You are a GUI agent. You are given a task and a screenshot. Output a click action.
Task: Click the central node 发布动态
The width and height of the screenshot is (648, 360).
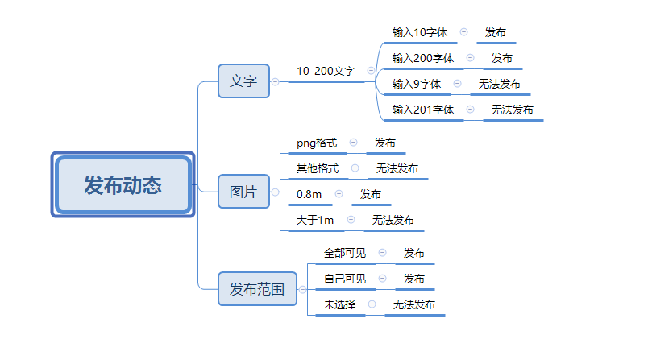coord(123,185)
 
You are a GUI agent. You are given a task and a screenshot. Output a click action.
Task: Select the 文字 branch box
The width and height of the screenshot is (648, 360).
coord(243,81)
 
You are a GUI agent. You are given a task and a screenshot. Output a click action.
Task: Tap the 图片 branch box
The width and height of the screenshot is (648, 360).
coord(243,192)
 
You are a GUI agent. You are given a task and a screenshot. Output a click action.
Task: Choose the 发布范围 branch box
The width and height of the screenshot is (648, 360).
coord(257,288)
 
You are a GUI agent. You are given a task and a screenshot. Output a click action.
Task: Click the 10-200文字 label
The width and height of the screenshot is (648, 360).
coord(326,71)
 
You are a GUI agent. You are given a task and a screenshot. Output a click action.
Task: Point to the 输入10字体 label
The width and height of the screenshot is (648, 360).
coord(419,32)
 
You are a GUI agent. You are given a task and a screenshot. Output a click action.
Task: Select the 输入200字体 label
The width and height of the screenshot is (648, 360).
coord(422,58)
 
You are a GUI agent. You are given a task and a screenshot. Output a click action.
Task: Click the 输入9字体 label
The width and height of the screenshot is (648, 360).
coord(416,84)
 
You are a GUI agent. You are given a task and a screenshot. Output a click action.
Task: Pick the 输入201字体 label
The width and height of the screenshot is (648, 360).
coord(422,110)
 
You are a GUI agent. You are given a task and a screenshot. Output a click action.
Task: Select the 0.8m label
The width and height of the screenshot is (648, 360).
coord(309,194)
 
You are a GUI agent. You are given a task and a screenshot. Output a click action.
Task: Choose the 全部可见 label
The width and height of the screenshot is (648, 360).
coord(344,253)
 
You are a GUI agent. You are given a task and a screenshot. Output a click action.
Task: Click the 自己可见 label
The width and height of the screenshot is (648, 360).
coord(344,279)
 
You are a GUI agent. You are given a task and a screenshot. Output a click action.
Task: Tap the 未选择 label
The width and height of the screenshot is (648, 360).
coord(339,304)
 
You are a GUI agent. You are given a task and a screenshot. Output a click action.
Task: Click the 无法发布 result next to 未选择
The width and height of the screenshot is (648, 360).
coord(414,304)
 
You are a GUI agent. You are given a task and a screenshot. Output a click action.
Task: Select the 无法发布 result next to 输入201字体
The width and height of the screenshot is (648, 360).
coord(513,110)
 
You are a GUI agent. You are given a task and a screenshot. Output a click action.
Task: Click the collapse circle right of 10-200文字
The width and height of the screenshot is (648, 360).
coord(371,71)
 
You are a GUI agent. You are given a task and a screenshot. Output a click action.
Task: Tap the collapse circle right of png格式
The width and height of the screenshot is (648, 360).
coord(353,143)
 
